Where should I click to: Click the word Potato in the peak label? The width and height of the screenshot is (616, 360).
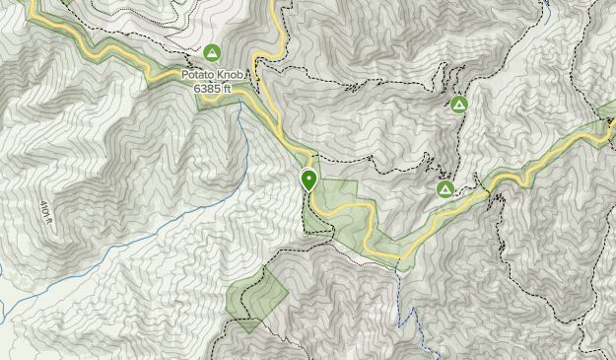click(199, 73)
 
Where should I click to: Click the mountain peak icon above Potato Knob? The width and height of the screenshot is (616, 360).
click(212, 52)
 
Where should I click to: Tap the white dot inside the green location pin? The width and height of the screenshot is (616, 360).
click(309, 179)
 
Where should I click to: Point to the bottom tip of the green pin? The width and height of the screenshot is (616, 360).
click(309, 191)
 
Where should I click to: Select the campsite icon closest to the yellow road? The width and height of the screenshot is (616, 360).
click(445, 188)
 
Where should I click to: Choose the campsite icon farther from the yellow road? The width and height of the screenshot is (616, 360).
click(458, 105)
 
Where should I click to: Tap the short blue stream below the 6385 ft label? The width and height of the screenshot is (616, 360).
click(239, 123)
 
